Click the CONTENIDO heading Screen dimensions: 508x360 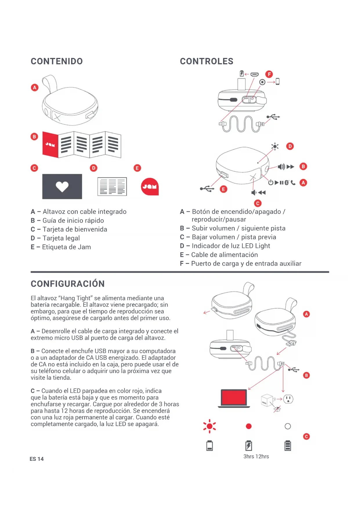(x=57, y=61)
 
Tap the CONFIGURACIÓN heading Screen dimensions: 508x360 (x=68, y=284)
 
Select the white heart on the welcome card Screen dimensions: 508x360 (x=62, y=187)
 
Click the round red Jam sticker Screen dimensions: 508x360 (x=150, y=187)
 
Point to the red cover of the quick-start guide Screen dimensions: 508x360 (x=50, y=144)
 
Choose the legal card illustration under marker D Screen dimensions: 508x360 (x=112, y=187)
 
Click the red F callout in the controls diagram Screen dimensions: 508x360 (x=269, y=74)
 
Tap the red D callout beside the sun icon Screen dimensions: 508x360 (x=290, y=146)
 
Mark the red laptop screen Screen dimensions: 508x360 (x=234, y=397)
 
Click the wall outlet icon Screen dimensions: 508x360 (x=288, y=399)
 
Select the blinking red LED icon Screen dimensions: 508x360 (x=209, y=426)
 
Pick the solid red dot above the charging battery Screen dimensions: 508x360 (x=249, y=426)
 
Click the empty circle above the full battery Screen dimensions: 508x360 (x=288, y=426)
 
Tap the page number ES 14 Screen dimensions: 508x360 (x=37, y=459)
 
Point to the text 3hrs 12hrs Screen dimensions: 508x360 (x=256, y=456)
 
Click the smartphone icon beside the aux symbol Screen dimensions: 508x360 (x=278, y=82)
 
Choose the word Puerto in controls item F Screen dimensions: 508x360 (x=202, y=264)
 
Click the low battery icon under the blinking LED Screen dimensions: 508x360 (x=209, y=446)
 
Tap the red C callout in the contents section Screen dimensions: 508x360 (x=34, y=168)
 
